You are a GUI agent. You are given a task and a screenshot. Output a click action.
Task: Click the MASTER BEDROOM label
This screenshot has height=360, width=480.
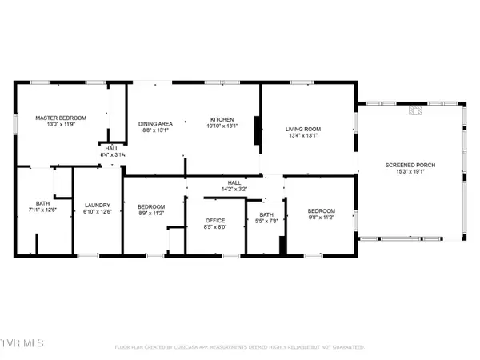(61, 118)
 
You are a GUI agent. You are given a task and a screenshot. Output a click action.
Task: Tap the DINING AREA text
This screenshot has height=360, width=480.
(155, 123)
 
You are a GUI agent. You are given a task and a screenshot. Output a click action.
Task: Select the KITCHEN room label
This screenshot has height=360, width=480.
(222, 118)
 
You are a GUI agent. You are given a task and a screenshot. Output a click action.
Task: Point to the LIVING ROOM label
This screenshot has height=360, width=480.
(303, 129)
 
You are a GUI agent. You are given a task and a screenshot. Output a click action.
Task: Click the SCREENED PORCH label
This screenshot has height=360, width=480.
(410, 165)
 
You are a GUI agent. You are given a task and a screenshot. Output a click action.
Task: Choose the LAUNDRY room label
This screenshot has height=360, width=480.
(97, 205)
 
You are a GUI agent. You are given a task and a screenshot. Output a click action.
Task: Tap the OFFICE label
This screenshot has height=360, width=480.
(215, 220)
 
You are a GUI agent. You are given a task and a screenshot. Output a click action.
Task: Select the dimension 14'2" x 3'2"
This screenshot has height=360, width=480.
(234, 189)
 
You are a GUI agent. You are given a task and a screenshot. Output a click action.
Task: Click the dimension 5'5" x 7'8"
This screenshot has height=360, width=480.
(266, 221)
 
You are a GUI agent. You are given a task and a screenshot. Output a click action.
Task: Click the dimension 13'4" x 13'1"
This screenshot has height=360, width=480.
(303, 135)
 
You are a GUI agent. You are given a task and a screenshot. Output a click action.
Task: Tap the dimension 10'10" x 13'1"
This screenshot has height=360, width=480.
(222, 126)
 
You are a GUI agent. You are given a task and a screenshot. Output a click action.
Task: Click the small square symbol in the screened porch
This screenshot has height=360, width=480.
(414, 111)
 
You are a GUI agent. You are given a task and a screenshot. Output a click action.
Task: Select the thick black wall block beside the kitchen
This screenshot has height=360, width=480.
(256, 132)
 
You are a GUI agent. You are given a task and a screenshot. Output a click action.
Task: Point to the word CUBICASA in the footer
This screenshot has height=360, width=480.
(192, 347)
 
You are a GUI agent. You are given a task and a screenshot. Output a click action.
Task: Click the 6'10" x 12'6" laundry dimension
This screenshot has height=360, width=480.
(97, 211)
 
